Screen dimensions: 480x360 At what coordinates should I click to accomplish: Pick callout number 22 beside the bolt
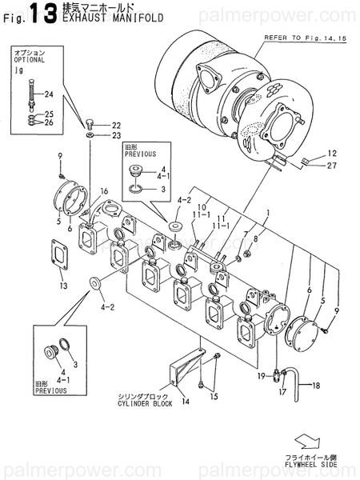(x=117, y=126)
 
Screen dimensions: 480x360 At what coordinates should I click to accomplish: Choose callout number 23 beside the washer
(x=117, y=137)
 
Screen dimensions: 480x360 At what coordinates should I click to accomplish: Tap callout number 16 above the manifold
(x=103, y=192)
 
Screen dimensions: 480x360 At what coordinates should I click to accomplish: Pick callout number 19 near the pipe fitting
(x=262, y=375)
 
